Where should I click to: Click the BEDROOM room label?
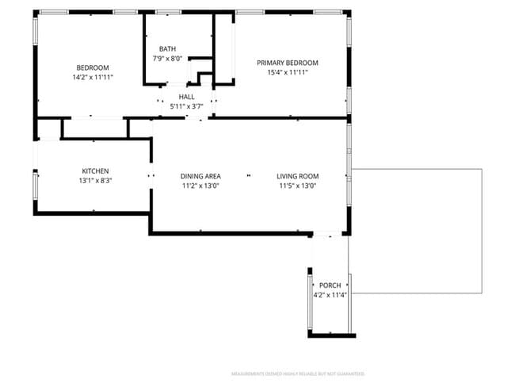[x=93, y=67]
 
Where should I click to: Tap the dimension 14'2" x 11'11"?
[x=93, y=78]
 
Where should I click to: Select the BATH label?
[x=167, y=48]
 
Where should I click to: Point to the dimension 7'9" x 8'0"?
[x=167, y=58]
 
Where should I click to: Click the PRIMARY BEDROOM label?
[x=288, y=63]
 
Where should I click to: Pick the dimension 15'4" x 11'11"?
[x=288, y=72]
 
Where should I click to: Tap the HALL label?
[x=186, y=96]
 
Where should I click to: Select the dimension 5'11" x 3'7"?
[x=186, y=105]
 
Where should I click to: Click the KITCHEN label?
[x=95, y=171]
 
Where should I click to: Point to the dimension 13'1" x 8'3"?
[x=95, y=181]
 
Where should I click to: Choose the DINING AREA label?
[x=200, y=176]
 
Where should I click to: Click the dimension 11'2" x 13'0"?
[x=200, y=186]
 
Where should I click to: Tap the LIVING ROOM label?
[x=298, y=176]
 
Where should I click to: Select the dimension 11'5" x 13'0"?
[x=298, y=186]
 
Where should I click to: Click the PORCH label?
[x=330, y=285]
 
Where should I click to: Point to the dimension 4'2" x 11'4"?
[x=330, y=295]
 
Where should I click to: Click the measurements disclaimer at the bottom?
[x=298, y=373]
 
